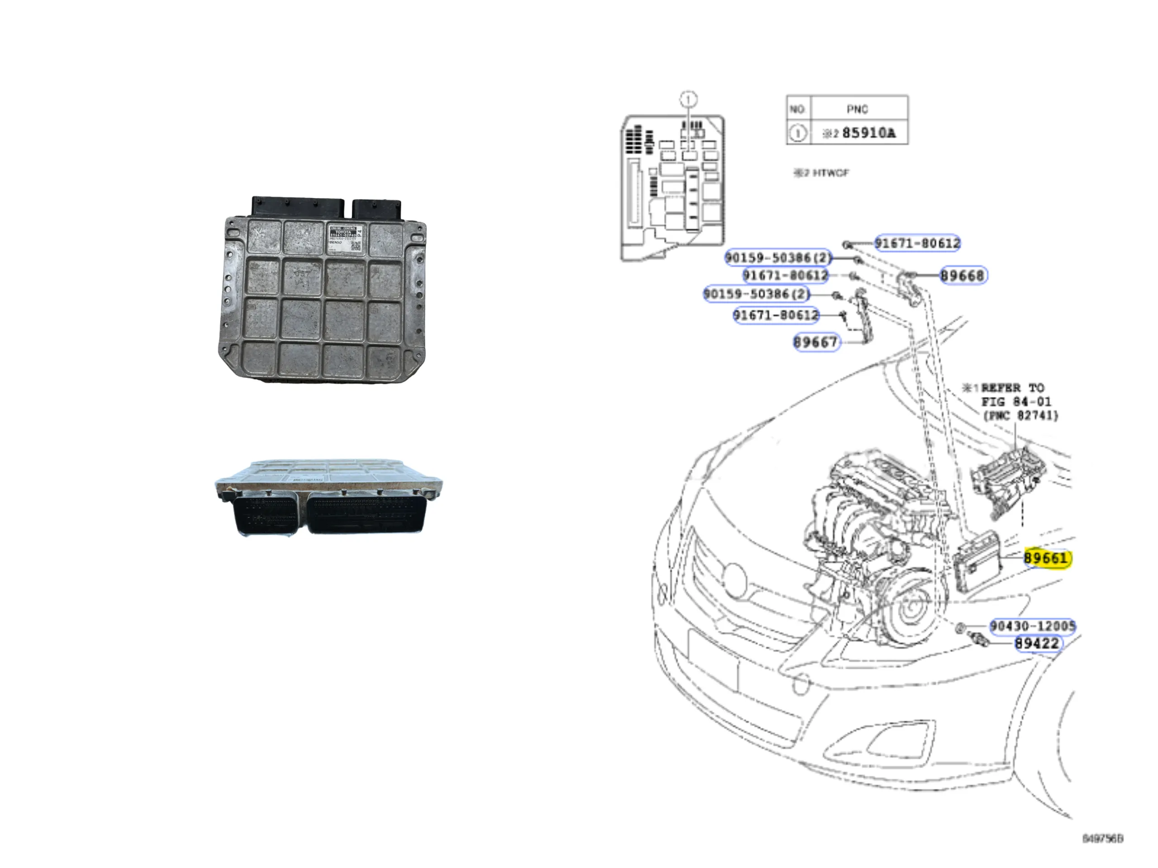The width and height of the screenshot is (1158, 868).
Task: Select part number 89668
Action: pos(963,276)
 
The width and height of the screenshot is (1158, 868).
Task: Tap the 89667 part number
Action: pos(816,342)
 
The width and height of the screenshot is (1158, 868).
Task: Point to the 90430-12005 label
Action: pos(1032,626)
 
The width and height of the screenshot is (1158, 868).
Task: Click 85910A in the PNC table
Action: pos(868,133)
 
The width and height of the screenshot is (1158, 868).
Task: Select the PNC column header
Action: pos(858,109)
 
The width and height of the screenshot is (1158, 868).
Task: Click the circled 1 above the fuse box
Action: pos(688,99)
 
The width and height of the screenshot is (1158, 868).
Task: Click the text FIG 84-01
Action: pos(1016,402)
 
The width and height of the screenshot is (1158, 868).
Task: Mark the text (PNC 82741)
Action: pos(1020,415)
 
